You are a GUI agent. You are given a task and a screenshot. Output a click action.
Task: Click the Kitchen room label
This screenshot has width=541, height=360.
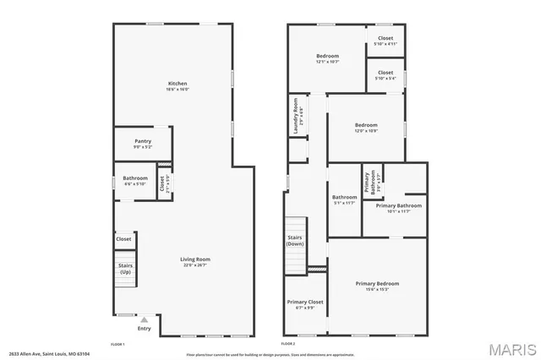pos(178,84)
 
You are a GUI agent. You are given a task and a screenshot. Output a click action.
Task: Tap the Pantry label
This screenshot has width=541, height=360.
pos(143,141)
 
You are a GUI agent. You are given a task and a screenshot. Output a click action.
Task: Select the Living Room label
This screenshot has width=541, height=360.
pos(195,259)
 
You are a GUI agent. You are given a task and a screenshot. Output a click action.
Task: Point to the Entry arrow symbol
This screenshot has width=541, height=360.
pos(144,320)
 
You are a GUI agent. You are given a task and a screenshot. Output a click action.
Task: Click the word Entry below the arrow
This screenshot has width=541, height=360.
pos(145,329)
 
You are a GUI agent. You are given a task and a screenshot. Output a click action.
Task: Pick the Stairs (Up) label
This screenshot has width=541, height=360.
pos(125,269)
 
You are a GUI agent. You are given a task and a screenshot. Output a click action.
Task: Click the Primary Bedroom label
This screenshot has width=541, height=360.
pos(377,284)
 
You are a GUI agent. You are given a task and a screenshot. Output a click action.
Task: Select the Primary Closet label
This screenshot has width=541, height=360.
pos(305,302)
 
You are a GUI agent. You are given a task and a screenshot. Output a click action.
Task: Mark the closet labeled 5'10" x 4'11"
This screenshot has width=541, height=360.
pos(385,38)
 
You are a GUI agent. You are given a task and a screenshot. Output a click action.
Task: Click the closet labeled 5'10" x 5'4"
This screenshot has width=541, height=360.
pos(385,73)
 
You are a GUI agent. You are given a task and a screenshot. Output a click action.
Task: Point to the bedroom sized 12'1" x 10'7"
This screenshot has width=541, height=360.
pos(327,56)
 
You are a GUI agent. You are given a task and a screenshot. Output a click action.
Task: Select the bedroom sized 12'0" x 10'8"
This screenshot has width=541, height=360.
pos(366,126)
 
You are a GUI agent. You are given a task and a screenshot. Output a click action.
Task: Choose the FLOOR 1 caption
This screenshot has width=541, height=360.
pos(118,344)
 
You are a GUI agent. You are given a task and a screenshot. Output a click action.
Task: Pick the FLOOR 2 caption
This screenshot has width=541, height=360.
pos(288,344)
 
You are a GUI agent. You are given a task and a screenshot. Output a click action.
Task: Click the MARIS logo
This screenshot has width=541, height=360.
pos(510,348)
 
